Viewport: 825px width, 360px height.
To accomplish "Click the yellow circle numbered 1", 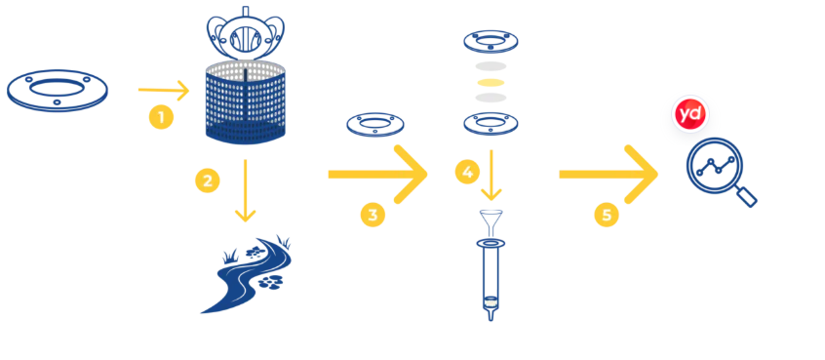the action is click(x=161, y=117).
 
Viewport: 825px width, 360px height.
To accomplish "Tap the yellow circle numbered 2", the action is click(x=208, y=180).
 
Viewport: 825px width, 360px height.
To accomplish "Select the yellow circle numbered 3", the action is click(x=373, y=215).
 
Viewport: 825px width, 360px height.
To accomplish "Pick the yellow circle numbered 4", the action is click(x=467, y=172).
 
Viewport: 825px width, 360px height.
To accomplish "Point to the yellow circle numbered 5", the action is click(x=607, y=215).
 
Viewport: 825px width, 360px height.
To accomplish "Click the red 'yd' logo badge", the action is click(x=690, y=114).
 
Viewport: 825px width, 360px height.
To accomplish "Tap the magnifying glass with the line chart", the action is click(x=715, y=168).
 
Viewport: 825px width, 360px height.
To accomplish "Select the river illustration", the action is click(x=247, y=275).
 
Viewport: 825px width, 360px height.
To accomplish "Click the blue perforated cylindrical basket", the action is click(x=245, y=102).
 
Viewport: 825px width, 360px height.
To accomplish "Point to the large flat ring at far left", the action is click(x=58, y=91).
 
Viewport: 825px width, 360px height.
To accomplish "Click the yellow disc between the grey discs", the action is click(x=491, y=82).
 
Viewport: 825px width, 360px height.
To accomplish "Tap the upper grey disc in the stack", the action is click(x=491, y=66).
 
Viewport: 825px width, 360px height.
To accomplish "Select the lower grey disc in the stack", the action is click(x=491, y=98).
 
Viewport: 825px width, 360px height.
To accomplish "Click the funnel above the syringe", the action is click(x=491, y=221).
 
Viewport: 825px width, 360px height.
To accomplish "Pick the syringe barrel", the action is click(x=491, y=280).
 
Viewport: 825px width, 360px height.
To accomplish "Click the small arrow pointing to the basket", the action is click(x=163, y=90).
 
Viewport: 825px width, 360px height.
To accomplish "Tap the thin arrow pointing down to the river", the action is click(x=245, y=190).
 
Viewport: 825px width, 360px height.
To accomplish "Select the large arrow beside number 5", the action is click(x=609, y=175).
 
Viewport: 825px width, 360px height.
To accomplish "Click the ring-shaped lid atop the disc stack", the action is click(x=491, y=42).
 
